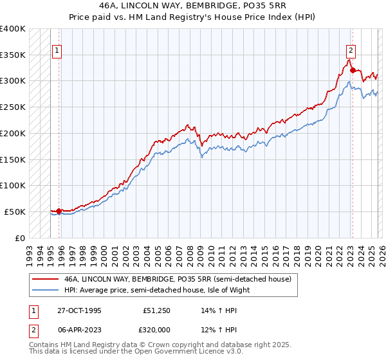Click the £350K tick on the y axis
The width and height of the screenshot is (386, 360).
pyautogui.click(x=13, y=55)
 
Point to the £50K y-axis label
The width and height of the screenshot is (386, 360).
pyautogui.click(x=15, y=212)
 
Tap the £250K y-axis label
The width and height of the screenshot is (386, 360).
pyautogui.click(x=13, y=107)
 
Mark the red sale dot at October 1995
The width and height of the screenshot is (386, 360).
pyautogui.click(x=59, y=211)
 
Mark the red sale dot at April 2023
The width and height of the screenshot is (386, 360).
pyautogui.click(x=353, y=70)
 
